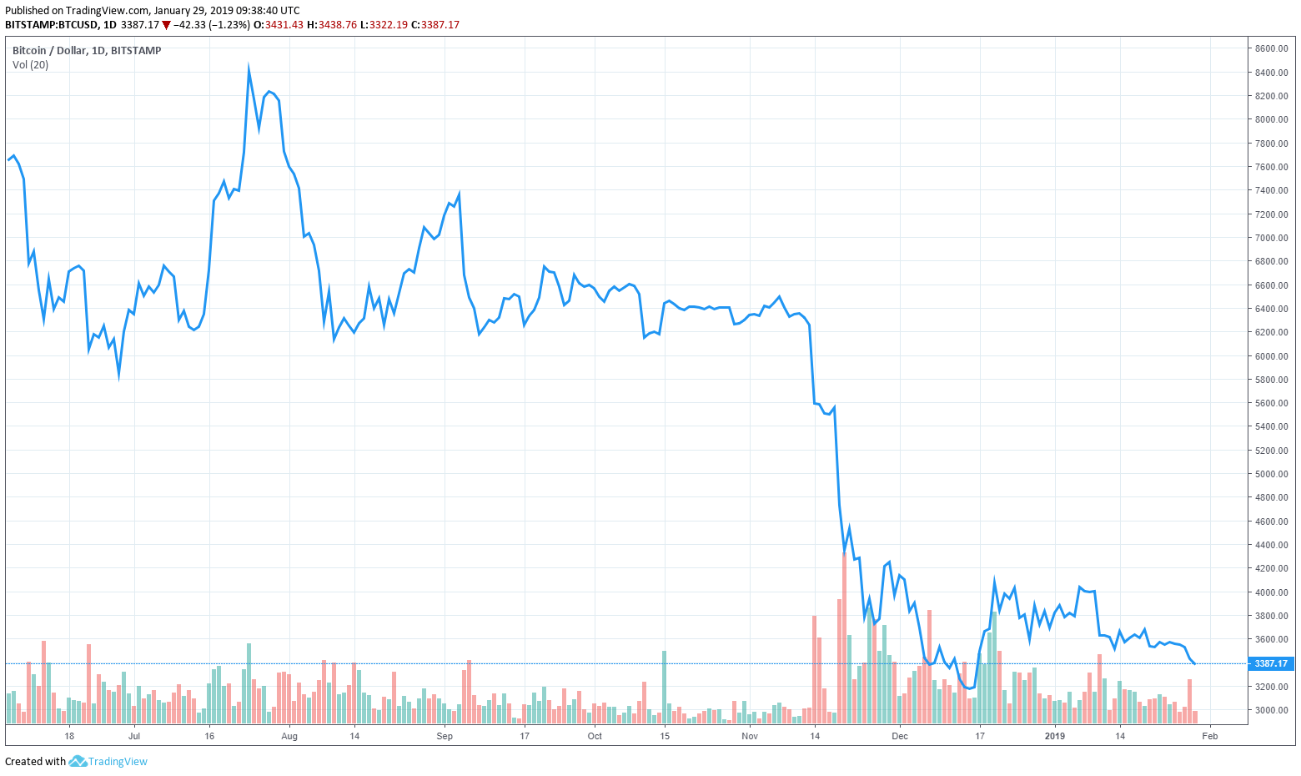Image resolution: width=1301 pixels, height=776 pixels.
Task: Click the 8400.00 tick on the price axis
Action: click(x=1271, y=73)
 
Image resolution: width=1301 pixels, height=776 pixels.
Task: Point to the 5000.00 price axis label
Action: click(x=1271, y=474)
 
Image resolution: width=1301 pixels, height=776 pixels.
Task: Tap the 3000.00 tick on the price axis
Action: click(x=1271, y=710)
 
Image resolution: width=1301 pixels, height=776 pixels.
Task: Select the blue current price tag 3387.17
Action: click(x=1271, y=663)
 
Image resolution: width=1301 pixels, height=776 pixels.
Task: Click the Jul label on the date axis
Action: click(x=134, y=736)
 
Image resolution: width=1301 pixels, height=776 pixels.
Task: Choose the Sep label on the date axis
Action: click(x=445, y=736)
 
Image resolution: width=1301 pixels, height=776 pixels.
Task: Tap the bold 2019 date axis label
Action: click(x=1055, y=736)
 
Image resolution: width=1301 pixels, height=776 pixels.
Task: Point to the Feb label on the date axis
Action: click(x=1210, y=736)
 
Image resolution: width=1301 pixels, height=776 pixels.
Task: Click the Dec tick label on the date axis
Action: click(x=899, y=736)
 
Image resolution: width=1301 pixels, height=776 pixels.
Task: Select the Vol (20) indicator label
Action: click(x=30, y=65)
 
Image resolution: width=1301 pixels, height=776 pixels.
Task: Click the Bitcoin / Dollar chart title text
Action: click(x=87, y=50)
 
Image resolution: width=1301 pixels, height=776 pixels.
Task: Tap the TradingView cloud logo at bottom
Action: click(x=78, y=761)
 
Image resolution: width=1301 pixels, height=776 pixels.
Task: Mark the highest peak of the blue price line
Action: click(x=249, y=68)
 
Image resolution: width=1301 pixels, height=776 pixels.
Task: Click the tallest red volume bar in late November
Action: click(x=845, y=634)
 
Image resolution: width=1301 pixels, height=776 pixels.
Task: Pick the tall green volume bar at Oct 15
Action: click(x=665, y=684)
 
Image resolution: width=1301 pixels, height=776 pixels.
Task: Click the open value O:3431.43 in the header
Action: click(x=279, y=25)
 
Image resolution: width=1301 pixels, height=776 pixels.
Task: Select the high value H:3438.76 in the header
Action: click(x=332, y=25)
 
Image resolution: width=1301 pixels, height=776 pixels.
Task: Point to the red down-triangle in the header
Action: click(x=167, y=25)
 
